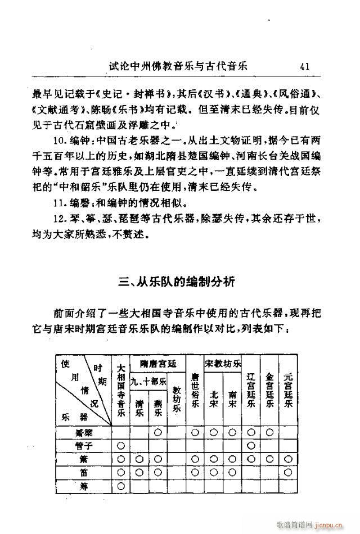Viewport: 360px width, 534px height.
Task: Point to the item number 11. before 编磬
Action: point(58,202)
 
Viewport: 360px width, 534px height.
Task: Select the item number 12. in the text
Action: point(58,218)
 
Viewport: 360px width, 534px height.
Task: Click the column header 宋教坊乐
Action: point(222,363)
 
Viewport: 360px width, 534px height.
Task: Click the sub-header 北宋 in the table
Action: point(214,400)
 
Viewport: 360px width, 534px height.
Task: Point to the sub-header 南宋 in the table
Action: point(232,400)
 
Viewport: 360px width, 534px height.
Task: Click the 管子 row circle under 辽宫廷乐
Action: point(251,445)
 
